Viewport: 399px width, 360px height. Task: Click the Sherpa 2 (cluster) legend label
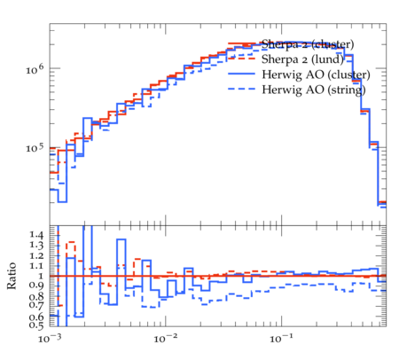[308, 44]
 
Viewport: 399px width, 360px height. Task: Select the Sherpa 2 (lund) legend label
[302, 59]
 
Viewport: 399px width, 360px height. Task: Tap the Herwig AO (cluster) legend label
[316, 74]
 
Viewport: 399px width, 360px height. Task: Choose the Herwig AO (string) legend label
[314, 90]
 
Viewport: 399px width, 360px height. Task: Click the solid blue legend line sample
[241, 74]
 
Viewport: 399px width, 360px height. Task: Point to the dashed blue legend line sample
[241, 90]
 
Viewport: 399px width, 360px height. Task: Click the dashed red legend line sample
[241, 59]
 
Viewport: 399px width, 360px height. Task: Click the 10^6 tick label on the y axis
[35, 70]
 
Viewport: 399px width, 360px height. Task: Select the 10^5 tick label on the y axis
[35, 148]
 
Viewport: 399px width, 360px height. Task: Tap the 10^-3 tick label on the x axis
[50, 338]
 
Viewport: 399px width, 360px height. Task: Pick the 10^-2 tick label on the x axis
[166, 338]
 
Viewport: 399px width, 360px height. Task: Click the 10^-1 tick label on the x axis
[282, 338]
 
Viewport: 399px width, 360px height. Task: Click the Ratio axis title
[12, 276]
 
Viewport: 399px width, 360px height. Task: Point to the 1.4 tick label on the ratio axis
[36, 235]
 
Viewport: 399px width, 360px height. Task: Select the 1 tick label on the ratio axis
[41, 276]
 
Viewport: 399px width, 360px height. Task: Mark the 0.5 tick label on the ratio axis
[36, 325]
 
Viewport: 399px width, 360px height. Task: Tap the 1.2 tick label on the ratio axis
[36, 255]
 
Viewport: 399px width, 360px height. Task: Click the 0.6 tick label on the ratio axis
[36, 317]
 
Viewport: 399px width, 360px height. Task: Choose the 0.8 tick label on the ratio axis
[36, 296]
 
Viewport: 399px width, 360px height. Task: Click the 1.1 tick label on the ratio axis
[36, 266]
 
